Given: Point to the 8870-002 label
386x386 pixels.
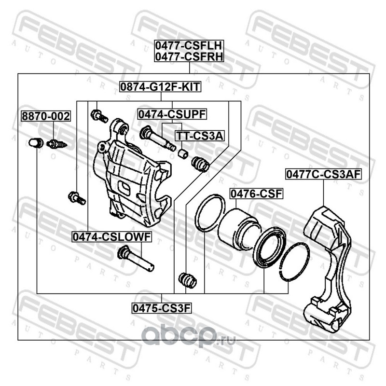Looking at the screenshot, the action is [x=45, y=116].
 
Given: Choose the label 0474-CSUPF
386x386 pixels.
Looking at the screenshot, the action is [x=172, y=114].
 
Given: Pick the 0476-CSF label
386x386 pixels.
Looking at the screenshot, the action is [x=255, y=194].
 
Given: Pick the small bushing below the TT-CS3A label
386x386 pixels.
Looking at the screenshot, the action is [x=183, y=153].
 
